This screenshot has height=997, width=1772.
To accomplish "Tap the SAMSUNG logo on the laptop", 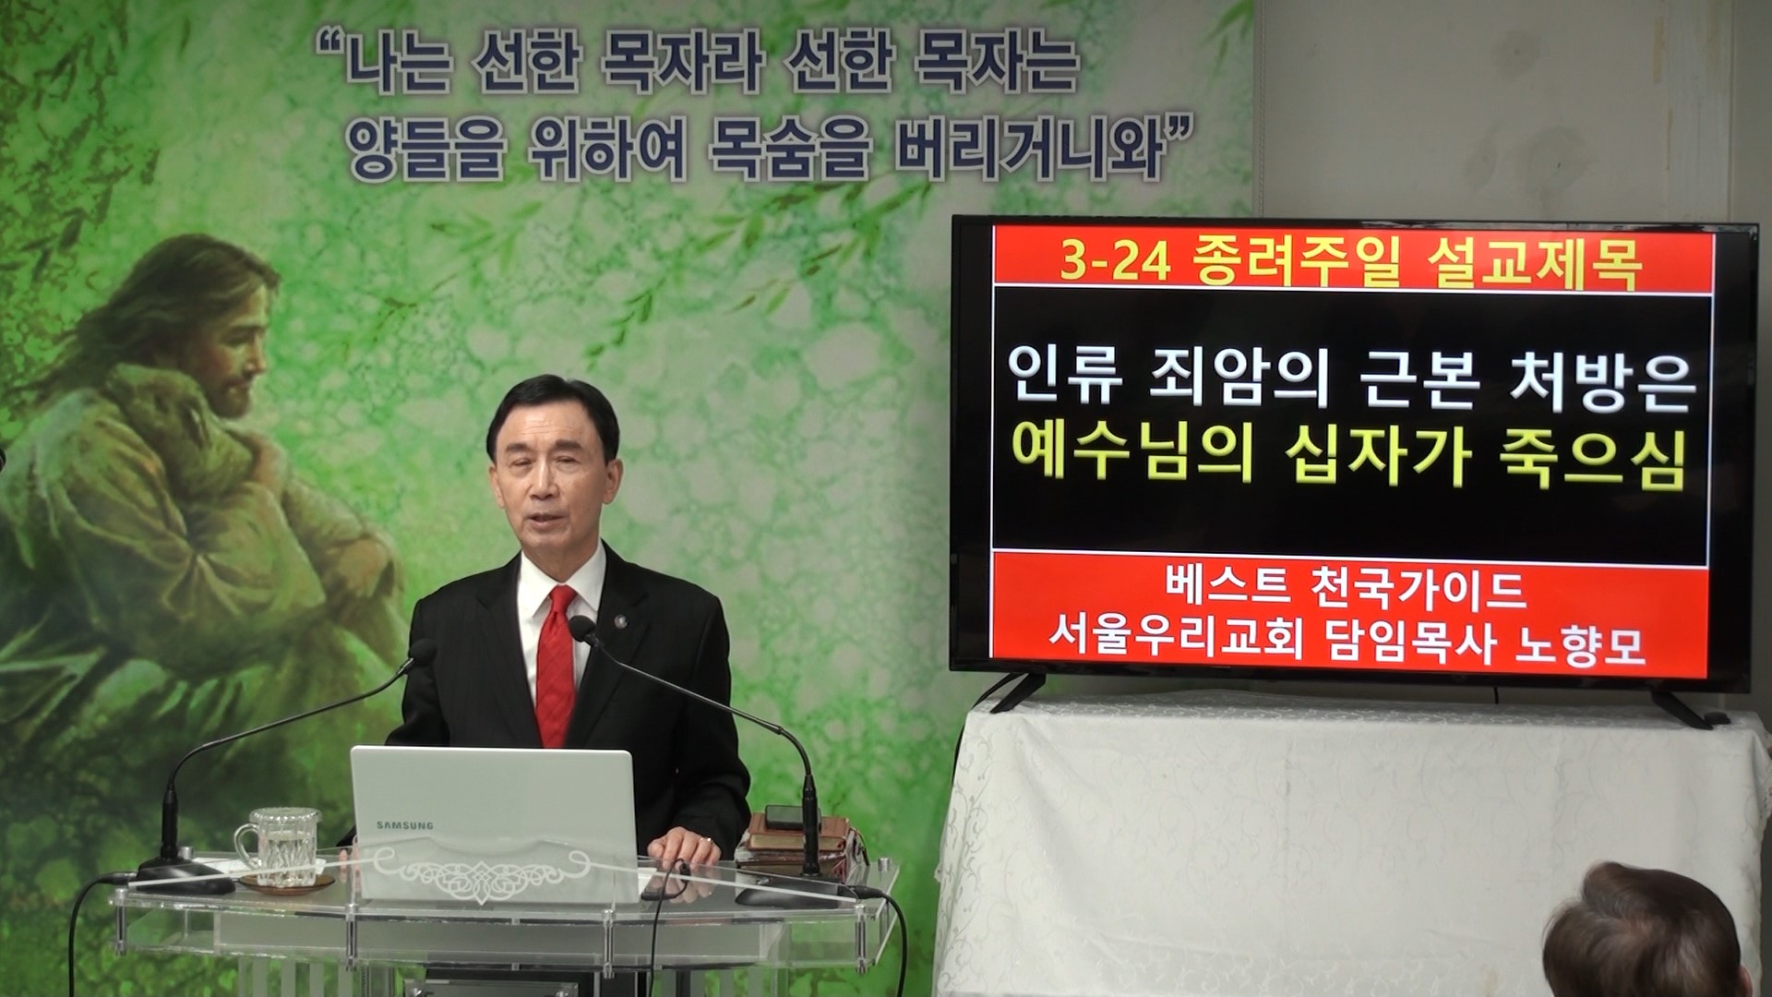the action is [x=403, y=824].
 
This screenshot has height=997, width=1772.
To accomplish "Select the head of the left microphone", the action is [x=424, y=651].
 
